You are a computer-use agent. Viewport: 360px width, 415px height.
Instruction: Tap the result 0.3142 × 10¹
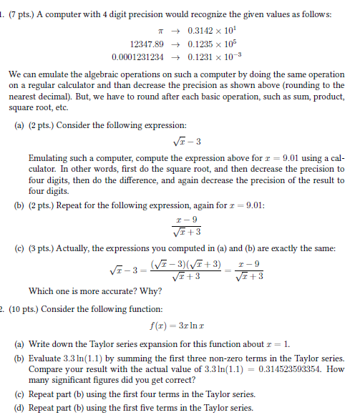click(x=210, y=31)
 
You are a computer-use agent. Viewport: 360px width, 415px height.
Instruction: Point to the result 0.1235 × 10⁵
click(x=210, y=44)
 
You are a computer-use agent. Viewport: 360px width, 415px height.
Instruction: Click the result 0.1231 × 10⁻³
click(x=213, y=57)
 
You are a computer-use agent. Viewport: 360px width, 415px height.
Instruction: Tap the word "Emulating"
click(x=48, y=157)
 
